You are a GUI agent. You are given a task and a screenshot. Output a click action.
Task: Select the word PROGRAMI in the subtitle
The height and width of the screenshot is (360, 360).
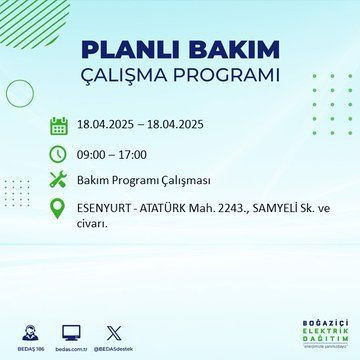click(x=226, y=76)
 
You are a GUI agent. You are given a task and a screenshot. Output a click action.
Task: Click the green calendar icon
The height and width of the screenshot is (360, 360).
click(x=59, y=126)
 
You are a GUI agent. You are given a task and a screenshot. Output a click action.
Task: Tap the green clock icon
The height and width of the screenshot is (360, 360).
click(x=59, y=155)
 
